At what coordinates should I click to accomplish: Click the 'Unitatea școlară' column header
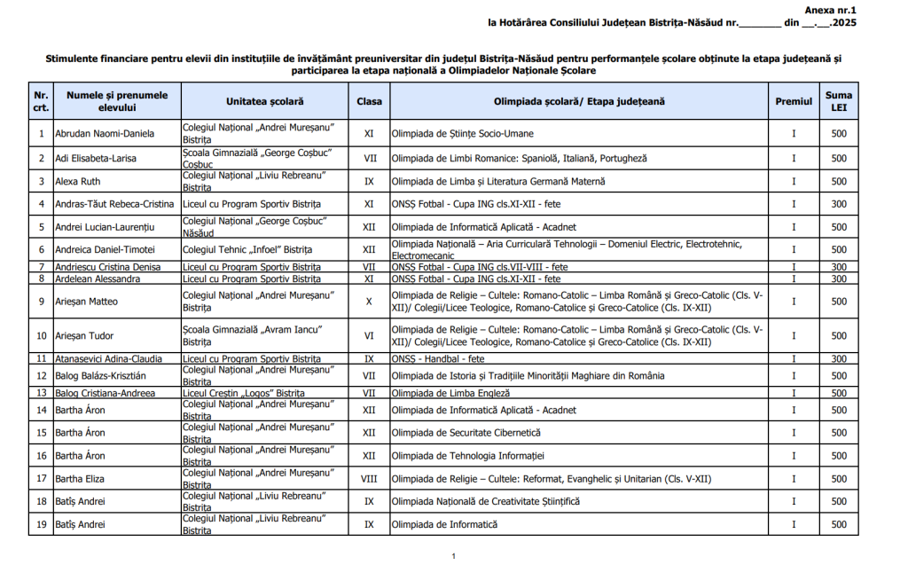click(x=263, y=101)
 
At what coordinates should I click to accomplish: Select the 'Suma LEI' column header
click(x=839, y=101)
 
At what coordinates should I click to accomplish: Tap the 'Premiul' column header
click(x=794, y=101)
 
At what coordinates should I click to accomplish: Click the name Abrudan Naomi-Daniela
click(x=105, y=134)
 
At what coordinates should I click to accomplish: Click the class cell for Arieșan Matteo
click(x=369, y=302)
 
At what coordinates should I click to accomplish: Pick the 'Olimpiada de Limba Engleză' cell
click(x=450, y=393)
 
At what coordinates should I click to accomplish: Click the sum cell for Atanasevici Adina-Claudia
click(x=839, y=358)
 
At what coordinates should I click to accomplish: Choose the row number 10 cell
click(x=41, y=336)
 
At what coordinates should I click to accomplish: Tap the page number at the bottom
click(x=453, y=556)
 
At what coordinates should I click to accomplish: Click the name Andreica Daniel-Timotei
click(x=105, y=250)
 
